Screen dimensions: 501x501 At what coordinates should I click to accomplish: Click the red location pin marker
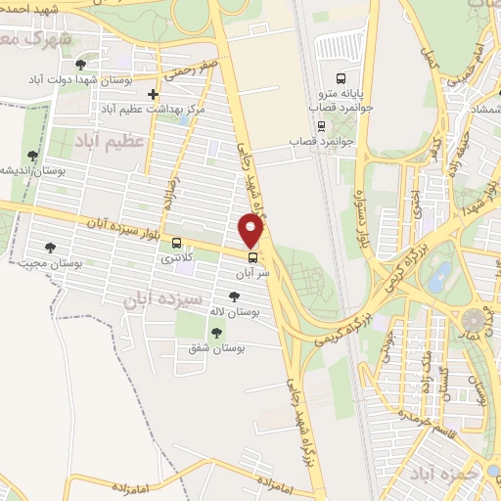251,231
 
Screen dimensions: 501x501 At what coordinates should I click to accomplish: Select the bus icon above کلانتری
176,243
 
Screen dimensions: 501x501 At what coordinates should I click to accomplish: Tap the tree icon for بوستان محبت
49,249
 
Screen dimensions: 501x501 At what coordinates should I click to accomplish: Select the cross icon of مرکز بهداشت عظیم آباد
152,95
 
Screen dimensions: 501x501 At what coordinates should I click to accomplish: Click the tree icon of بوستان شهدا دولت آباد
80,64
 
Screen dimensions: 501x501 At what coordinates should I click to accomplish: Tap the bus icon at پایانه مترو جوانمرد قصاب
340,78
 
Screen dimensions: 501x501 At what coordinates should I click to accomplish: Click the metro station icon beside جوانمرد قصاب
321,125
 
